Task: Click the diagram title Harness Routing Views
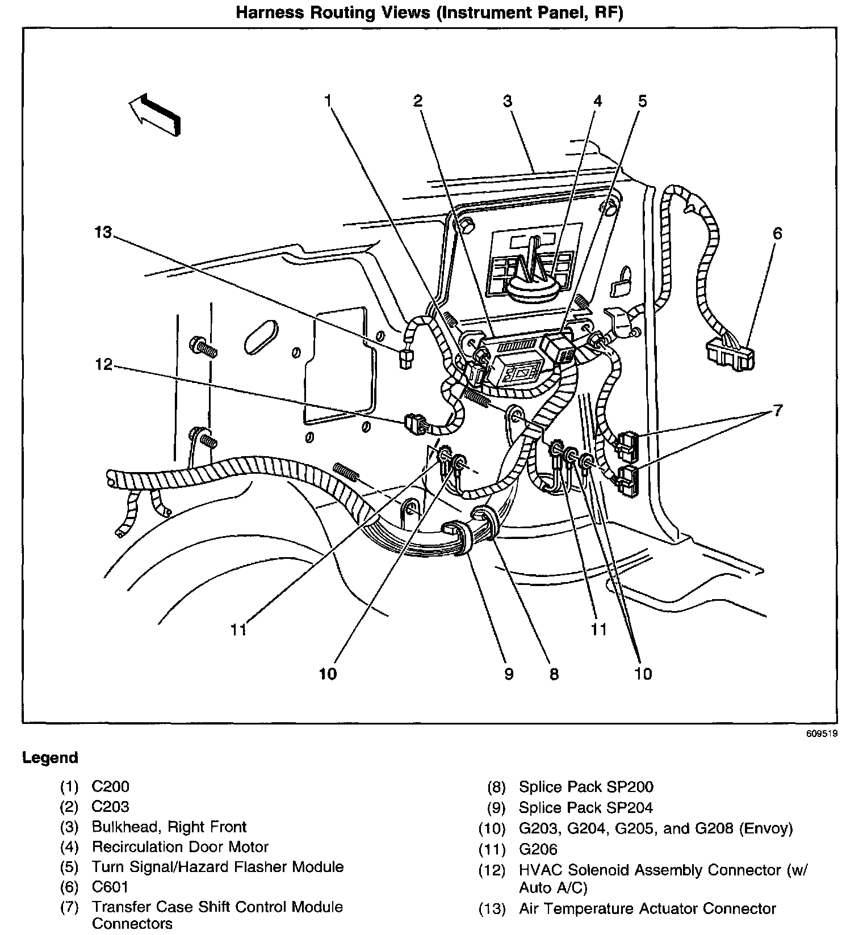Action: pyautogui.click(x=429, y=12)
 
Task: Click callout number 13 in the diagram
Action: pyautogui.click(x=104, y=233)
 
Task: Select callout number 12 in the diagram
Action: pyautogui.click(x=104, y=364)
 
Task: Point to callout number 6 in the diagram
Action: pyautogui.click(x=777, y=233)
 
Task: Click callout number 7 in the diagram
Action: pyautogui.click(x=777, y=410)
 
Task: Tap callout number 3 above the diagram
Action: pyautogui.click(x=508, y=102)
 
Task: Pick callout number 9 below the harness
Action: pyautogui.click(x=509, y=673)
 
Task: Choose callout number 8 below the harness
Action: pyautogui.click(x=554, y=673)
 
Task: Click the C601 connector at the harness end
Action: pyautogui.click(x=731, y=355)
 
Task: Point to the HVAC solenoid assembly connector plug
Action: pyautogui.click(x=414, y=424)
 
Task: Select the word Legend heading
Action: pyautogui.click(x=50, y=758)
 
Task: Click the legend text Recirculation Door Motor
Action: pyautogui.click(x=180, y=847)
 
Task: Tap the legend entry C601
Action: pyautogui.click(x=110, y=887)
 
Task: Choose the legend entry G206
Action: pyautogui.click(x=538, y=849)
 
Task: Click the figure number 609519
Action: pyautogui.click(x=822, y=734)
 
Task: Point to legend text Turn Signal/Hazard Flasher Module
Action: pyautogui.click(x=217, y=867)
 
